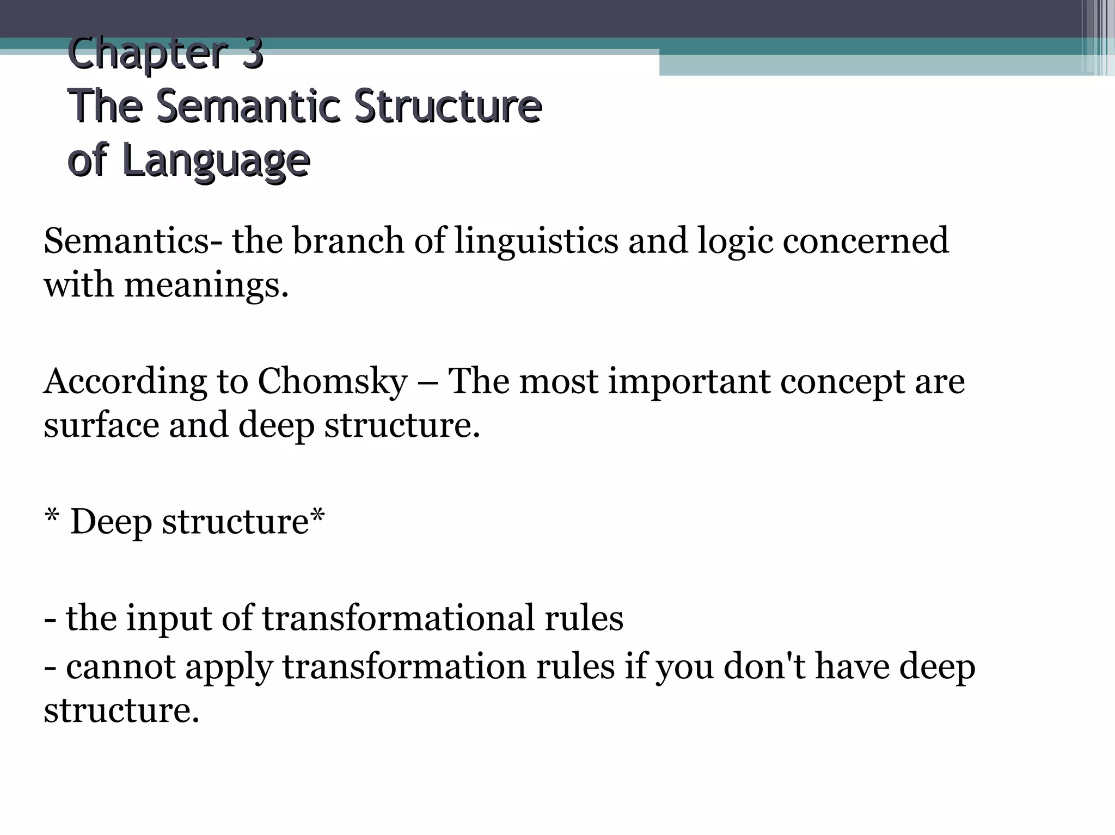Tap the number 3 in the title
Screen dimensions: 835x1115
(252, 54)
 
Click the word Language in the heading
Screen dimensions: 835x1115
(216, 161)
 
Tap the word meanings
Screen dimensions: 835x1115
(206, 285)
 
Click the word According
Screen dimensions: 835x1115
(125, 381)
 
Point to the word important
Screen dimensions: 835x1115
(689, 381)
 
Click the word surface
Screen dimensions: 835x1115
(101, 425)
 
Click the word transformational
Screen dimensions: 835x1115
(398, 618)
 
